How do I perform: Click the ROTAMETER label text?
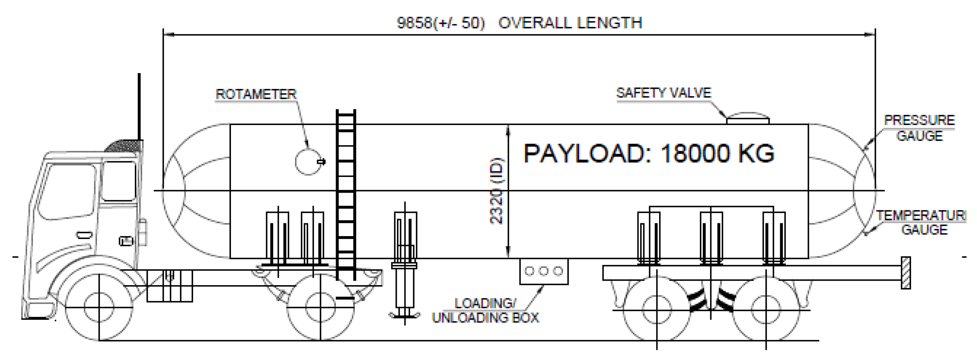[256, 94]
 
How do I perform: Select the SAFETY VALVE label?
[664, 93]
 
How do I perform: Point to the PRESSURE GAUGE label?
[919, 128]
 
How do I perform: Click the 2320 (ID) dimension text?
[497, 191]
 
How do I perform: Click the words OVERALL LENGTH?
[570, 23]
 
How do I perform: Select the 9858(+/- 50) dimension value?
[441, 23]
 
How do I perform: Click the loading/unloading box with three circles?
[544, 272]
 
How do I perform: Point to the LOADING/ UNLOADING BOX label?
[485, 311]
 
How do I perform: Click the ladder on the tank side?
[346, 193]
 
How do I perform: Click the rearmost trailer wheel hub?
[765, 309]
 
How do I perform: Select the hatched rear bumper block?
[906, 273]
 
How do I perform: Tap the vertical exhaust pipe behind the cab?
[139, 107]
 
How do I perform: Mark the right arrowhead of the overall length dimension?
[870, 35]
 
